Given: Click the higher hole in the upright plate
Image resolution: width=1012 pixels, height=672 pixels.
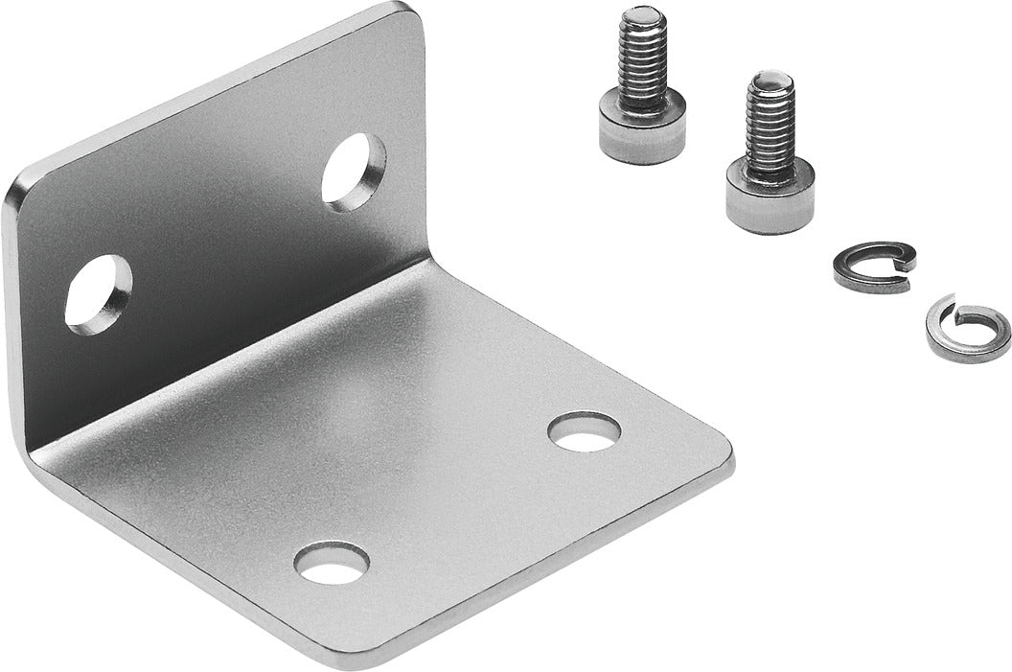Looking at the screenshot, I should [x=353, y=172].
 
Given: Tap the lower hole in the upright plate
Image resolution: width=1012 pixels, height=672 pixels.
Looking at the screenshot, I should [x=98, y=293].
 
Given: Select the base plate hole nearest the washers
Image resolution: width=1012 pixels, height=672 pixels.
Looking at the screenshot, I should [x=584, y=431].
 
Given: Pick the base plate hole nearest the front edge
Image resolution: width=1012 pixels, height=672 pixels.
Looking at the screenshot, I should [x=332, y=562].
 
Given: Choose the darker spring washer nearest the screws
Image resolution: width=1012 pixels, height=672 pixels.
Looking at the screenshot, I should [x=873, y=266].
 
